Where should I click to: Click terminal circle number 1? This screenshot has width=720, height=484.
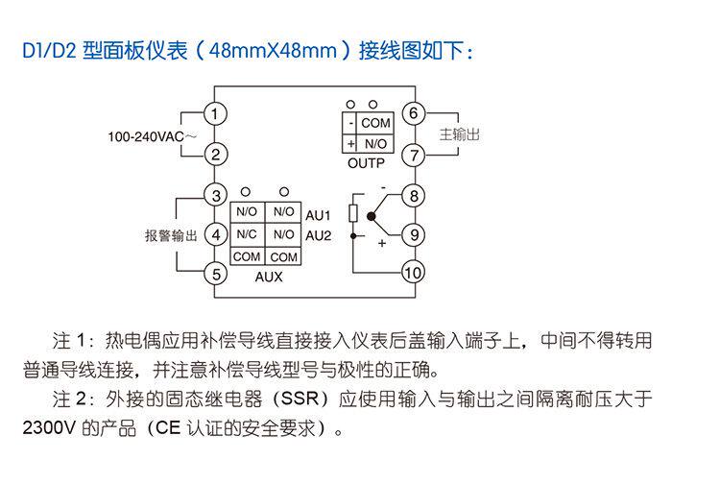pos(218,114)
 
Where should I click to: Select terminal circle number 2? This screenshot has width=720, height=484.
pos(218,155)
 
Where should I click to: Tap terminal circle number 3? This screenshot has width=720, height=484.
pos(218,195)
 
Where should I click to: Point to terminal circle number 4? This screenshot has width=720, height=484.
pos(218,234)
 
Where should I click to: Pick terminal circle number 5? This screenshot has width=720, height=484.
pos(218,274)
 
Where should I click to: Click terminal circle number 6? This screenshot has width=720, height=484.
pos(413,114)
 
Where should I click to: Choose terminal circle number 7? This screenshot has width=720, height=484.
pos(413,155)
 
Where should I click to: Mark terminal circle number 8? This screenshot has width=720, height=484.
pos(413,195)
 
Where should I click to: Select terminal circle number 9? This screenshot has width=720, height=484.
pos(413,234)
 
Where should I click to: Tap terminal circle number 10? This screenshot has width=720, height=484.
pos(413,274)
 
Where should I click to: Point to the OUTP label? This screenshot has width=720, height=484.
pos(367,164)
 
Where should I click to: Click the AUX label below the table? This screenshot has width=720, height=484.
pos(266,278)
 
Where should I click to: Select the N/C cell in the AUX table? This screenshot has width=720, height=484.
pos(247,234)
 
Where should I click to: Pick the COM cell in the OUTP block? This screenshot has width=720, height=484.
pos(375,124)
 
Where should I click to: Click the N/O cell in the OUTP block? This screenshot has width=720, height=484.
pos(375,144)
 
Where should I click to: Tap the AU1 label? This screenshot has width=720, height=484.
pos(319,213)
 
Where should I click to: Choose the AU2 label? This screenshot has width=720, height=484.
pos(319,234)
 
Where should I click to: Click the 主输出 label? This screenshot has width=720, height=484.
pos(458,134)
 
